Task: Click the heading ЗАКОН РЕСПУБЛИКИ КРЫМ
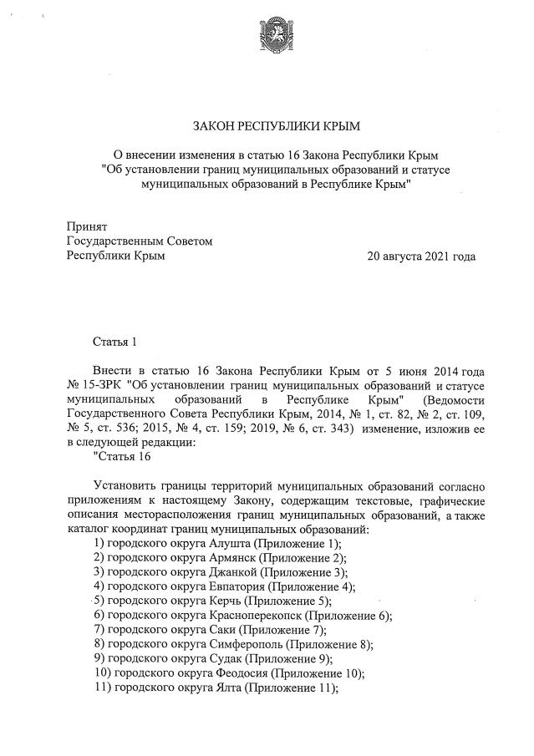tap(275, 127)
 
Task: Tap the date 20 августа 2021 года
tap(421, 256)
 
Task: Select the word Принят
tap(86, 226)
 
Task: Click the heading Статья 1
tap(113, 342)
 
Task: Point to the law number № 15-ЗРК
tap(93, 385)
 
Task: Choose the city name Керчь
tap(226, 601)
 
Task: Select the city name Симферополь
tap(248, 644)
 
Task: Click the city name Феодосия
tap(242, 673)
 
